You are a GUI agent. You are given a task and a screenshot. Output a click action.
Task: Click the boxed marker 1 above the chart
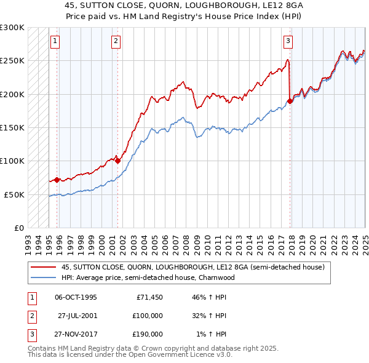click(55, 42)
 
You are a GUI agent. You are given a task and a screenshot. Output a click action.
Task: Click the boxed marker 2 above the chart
click(116, 42)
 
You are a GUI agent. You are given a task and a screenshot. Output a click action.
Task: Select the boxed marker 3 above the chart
click(288, 42)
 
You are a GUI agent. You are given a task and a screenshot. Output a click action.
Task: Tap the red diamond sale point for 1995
click(57, 180)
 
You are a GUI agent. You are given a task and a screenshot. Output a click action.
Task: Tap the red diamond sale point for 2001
click(117, 161)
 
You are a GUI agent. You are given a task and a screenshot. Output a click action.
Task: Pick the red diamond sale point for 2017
click(290, 101)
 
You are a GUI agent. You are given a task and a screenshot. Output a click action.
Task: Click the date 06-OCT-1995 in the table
click(76, 297)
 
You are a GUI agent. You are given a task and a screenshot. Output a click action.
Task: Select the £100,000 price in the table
click(148, 316)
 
